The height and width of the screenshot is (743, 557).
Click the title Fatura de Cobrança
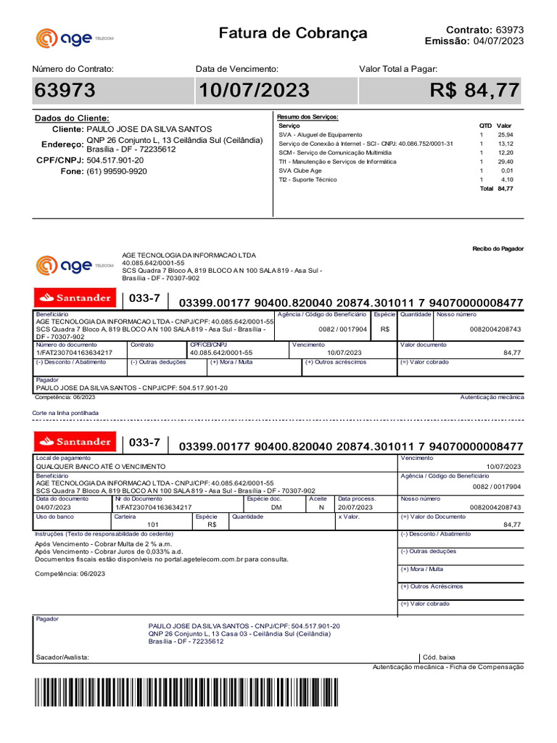293,33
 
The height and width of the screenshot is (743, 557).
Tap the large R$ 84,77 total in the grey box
474,91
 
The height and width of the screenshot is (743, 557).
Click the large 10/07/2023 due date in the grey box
253,91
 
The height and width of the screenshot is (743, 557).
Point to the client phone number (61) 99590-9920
116,171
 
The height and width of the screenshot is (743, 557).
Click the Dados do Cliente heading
72,118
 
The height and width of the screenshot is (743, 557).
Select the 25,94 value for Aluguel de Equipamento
505,135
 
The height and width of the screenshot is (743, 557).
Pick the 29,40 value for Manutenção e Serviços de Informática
505,162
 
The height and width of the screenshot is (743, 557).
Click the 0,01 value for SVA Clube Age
507,171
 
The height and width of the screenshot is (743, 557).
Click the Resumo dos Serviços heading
308,117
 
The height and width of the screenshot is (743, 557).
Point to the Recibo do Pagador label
498,249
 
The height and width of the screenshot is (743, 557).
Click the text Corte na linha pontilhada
65,413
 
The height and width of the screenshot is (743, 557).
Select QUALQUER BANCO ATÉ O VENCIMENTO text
101,467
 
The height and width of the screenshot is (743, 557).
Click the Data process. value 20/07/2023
355,508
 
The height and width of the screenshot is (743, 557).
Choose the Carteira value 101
153,524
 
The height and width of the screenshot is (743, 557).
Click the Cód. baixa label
440,657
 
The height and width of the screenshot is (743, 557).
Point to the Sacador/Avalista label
62,657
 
